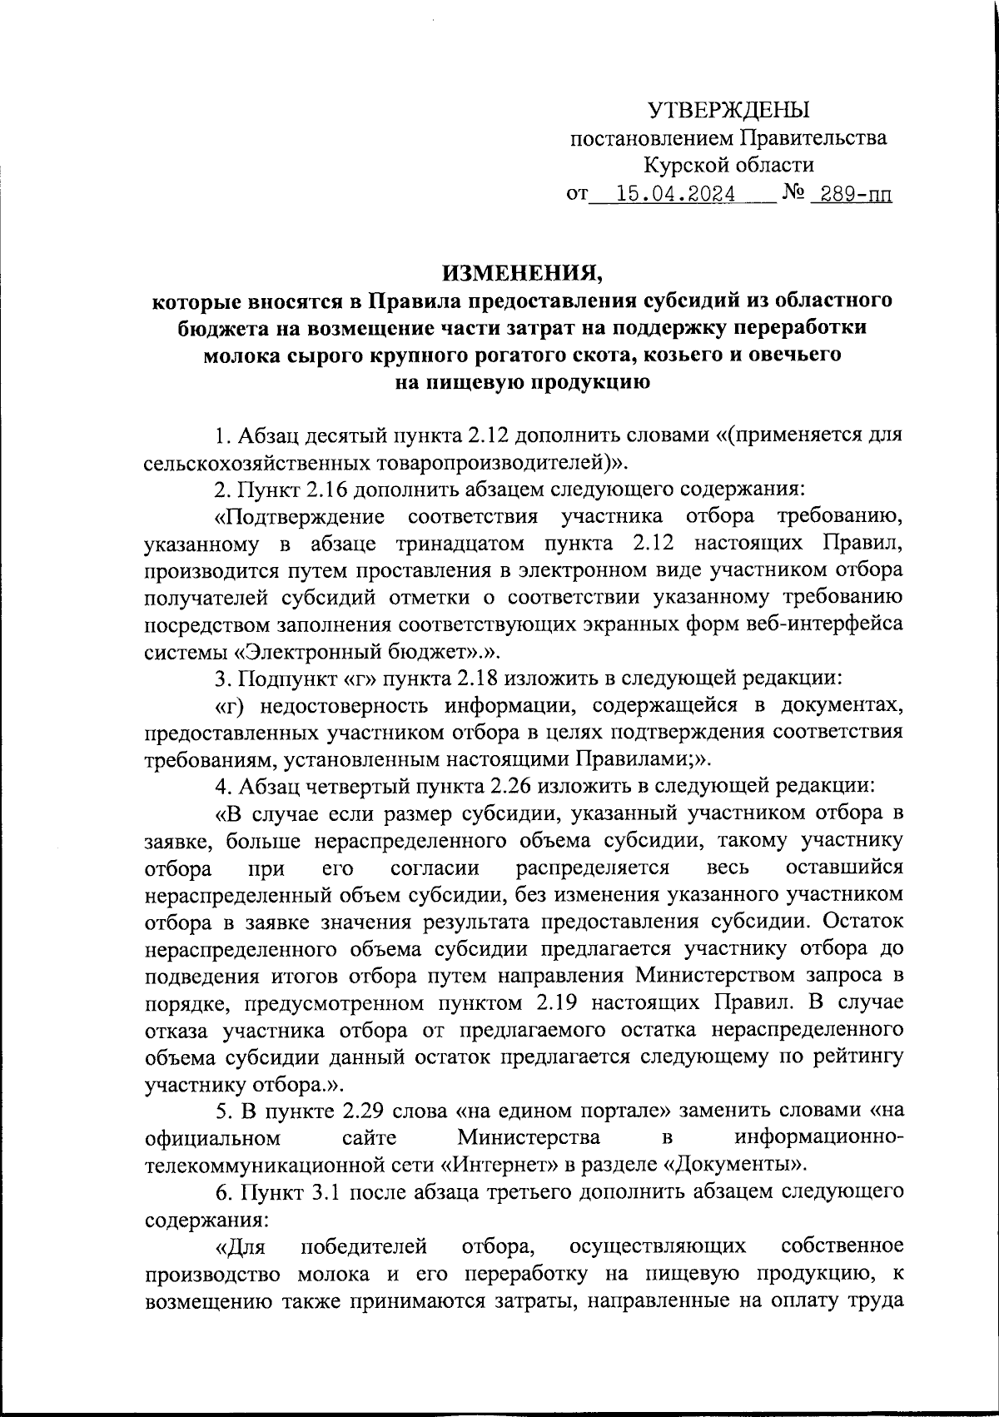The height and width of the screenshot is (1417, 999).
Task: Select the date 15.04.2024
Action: [675, 195]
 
